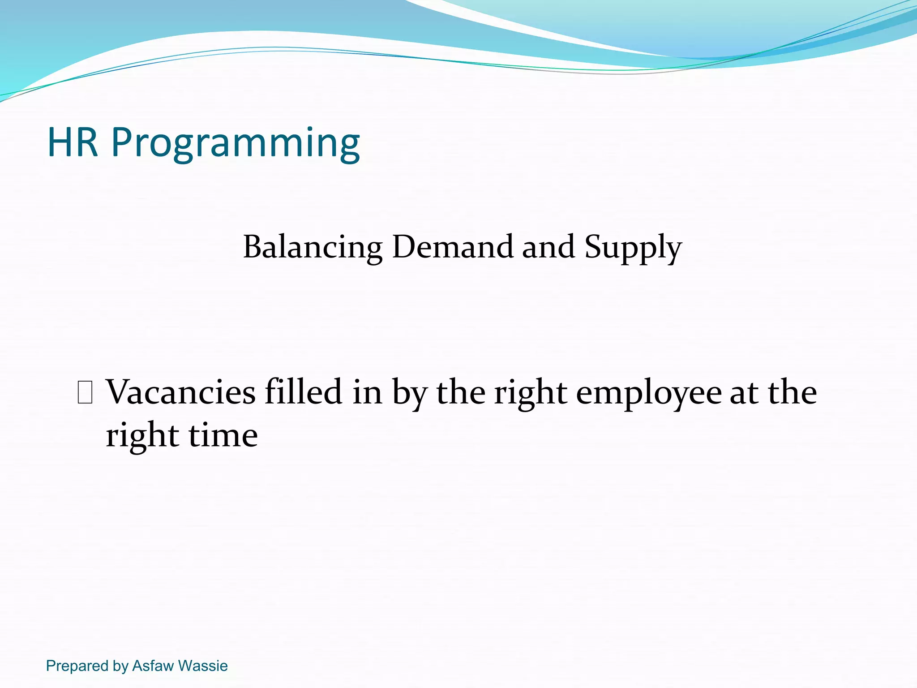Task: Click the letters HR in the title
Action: [73, 142]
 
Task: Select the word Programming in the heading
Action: [235, 143]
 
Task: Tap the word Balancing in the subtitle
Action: [313, 247]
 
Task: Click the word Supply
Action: [633, 247]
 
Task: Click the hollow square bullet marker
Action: [85, 392]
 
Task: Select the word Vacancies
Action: [181, 392]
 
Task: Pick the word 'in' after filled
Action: [367, 392]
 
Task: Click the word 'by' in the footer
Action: [120, 666]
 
